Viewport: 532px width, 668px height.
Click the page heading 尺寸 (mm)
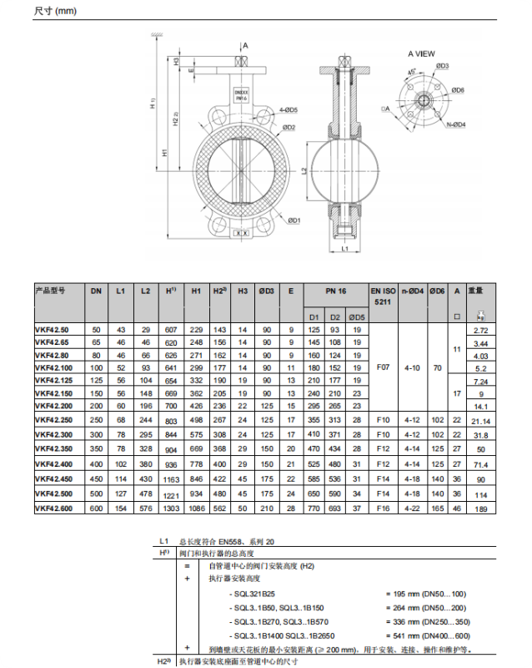pyautogui.click(x=54, y=12)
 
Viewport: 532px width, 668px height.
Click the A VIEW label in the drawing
pyautogui.click(x=421, y=53)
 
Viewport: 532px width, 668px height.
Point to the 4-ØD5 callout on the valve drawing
pyautogui.click(x=289, y=110)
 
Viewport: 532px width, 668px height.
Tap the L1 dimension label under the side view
pyautogui.click(x=344, y=249)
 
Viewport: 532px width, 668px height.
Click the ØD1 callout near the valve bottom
pyautogui.click(x=293, y=220)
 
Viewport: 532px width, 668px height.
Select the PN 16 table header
pyautogui.click(x=335, y=290)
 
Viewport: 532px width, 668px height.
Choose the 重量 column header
pyautogui.click(x=475, y=290)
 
